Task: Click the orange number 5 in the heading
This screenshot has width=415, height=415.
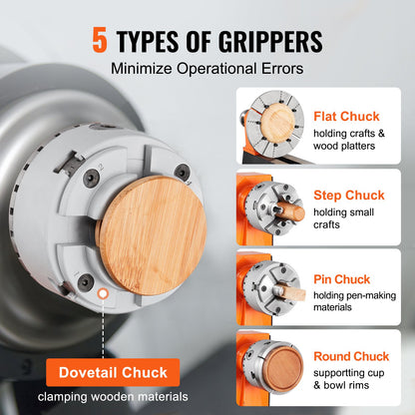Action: tap(100, 41)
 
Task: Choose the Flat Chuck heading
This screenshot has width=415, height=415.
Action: tap(345, 116)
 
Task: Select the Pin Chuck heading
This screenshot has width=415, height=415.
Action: tap(342, 279)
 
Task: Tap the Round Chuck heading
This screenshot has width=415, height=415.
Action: tap(351, 356)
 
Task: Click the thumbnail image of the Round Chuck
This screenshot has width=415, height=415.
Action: tap(268, 369)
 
